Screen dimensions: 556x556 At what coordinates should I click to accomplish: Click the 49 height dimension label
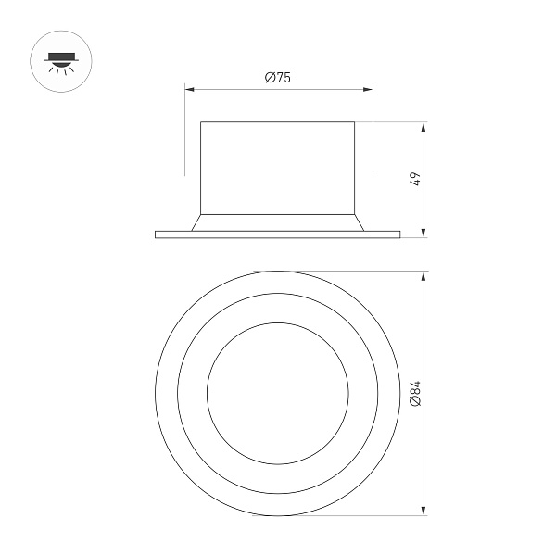[416, 179]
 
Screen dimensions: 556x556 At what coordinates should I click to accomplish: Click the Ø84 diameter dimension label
[416, 395]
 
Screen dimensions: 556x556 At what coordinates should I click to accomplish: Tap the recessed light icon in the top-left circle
[59, 60]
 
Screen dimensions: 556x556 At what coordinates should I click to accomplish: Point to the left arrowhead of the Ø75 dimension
[189, 90]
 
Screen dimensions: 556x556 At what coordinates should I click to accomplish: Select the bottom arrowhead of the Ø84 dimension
[424, 512]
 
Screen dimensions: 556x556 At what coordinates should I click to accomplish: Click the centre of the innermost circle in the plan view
[278, 394]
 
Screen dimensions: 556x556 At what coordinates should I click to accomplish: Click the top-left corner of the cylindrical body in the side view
[201, 121]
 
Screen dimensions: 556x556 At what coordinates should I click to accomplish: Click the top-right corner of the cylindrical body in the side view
[355, 121]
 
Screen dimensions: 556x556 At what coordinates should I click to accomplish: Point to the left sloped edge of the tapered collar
[196, 222]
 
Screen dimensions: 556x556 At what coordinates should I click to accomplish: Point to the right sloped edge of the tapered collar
[360, 222]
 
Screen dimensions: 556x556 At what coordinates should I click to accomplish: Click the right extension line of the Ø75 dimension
[373, 139]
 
